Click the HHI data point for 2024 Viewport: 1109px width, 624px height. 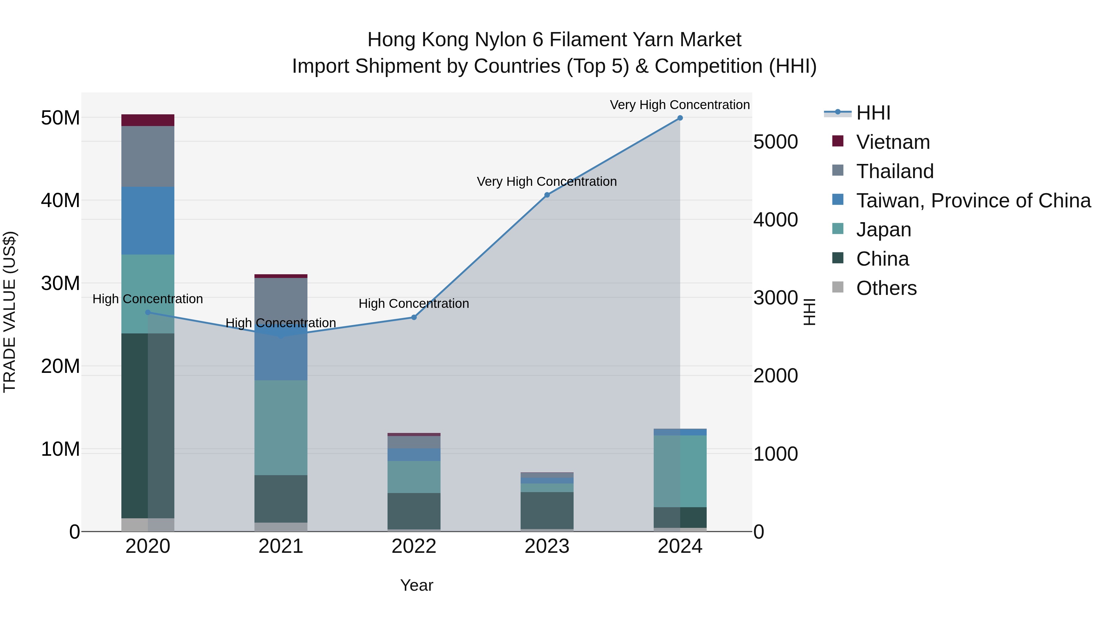coord(680,118)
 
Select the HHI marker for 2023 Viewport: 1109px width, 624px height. coord(547,195)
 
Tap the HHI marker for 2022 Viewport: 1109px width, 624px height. coord(414,317)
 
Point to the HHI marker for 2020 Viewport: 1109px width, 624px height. coord(148,312)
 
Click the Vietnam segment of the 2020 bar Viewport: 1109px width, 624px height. coord(148,120)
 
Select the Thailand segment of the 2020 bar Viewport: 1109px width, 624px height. coord(148,156)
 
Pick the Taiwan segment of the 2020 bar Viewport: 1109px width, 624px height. coord(148,221)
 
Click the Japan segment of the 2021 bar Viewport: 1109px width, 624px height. coord(281,428)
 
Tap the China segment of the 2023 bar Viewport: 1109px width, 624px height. coord(547,510)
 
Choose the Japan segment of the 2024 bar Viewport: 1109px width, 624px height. coord(680,471)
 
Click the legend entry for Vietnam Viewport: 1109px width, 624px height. coord(892,142)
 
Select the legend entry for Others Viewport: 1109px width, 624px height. coord(886,288)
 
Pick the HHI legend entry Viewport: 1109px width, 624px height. coord(873,113)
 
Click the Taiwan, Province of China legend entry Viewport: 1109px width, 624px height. coord(973,201)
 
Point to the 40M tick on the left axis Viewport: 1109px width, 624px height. coord(60,200)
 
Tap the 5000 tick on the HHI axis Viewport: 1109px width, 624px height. coord(775,142)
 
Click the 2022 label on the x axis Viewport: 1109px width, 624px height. coord(414,546)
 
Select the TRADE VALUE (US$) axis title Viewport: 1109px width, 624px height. coord(10,312)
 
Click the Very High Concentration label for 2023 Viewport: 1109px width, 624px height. coord(547,182)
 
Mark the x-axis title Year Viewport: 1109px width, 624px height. coord(416,585)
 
